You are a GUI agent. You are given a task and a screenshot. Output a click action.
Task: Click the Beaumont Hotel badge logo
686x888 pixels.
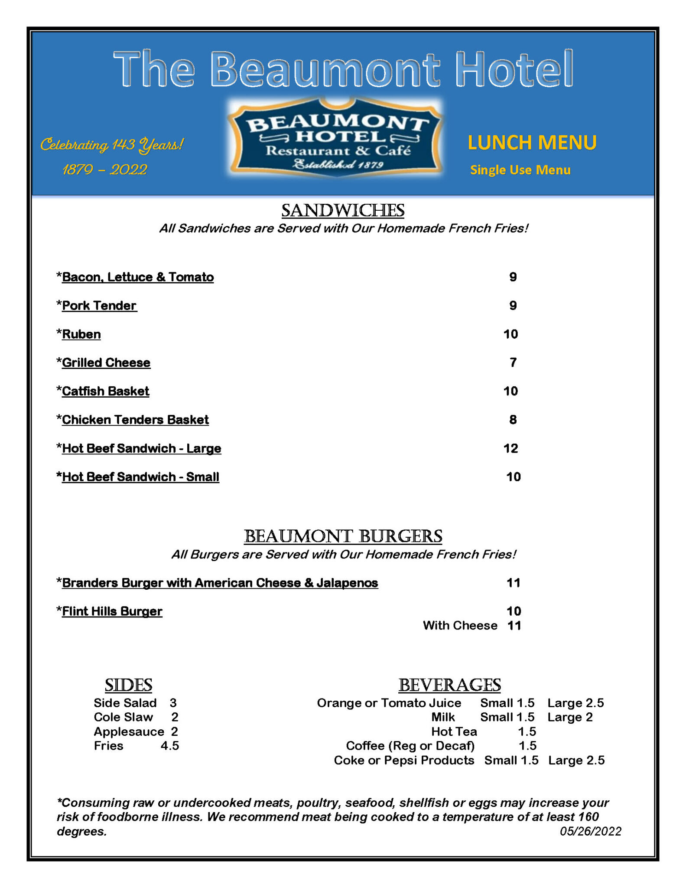tap(336, 138)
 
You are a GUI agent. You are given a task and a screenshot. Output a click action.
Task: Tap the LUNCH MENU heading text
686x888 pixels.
tap(532, 143)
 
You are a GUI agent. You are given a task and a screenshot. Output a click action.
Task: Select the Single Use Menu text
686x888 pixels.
tap(520, 170)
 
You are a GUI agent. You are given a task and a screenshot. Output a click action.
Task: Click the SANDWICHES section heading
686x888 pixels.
tap(342, 211)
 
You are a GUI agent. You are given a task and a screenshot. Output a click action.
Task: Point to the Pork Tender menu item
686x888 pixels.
tap(99, 306)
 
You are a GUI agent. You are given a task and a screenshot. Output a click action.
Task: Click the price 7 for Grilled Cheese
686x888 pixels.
tap(513, 362)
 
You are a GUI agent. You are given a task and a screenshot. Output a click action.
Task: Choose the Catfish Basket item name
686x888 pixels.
tap(105, 391)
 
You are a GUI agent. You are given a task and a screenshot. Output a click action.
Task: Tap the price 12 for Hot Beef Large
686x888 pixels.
tap(510, 448)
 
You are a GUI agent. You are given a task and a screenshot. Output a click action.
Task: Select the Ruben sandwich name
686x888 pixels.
tap(81, 334)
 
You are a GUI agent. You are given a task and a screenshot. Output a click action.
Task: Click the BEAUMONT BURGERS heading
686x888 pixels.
tap(343, 536)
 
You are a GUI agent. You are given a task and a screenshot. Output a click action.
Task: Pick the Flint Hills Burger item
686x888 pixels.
tap(112, 611)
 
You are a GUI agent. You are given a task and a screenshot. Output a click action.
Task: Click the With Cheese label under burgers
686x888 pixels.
tap(460, 626)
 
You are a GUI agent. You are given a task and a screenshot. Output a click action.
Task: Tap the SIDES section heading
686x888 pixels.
tap(128, 685)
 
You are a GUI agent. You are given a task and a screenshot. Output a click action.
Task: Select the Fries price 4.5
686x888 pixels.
tap(170, 746)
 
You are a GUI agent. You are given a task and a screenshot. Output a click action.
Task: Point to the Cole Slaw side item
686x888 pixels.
tap(124, 717)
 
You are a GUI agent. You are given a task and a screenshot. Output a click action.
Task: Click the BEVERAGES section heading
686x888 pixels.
tap(449, 685)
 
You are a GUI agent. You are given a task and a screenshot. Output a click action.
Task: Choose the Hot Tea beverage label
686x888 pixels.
tap(454, 731)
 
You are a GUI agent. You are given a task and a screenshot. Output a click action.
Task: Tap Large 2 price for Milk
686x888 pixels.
tap(569, 717)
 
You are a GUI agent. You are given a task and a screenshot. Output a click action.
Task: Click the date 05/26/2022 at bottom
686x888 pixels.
tap(590, 831)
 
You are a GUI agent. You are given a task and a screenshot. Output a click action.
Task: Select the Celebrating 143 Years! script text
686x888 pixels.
tap(112, 144)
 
